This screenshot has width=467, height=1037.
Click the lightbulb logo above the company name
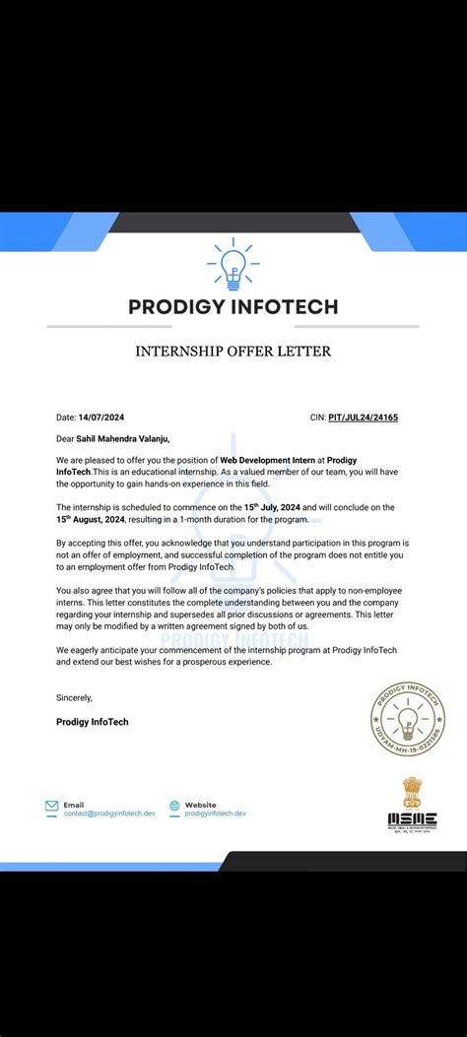click(233, 263)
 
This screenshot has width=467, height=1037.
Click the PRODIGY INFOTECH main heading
click(233, 306)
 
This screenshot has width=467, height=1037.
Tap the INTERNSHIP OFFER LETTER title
click(233, 351)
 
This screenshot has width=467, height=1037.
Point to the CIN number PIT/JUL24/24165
click(365, 417)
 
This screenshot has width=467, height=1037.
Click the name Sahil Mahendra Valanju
click(116, 438)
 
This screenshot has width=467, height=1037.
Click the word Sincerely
click(74, 697)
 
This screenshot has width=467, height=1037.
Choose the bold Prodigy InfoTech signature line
click(93, 722)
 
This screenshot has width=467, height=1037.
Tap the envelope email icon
click(51, 807)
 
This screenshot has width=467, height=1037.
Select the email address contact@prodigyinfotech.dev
click(109, 813)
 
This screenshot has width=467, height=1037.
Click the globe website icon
click(174, 807)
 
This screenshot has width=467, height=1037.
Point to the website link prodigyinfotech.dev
click(215, 813)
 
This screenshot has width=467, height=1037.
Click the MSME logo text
click(412, 818)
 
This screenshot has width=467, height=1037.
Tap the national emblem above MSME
click(411, 791)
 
